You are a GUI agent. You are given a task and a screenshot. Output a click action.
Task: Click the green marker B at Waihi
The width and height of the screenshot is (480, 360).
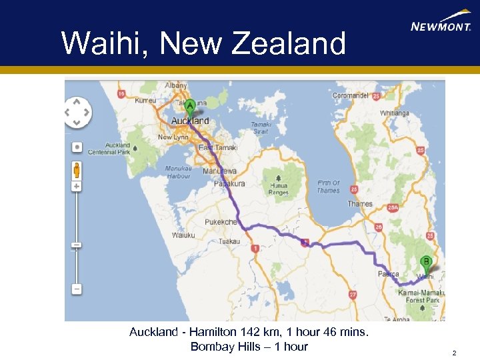coord(425,263)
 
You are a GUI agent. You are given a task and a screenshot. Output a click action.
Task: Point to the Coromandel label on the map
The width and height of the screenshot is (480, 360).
coord(350,95)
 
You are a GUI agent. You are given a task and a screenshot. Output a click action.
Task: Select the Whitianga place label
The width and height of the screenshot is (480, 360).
coord(395,113)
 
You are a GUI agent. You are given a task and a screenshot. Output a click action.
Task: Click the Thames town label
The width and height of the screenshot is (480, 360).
coord(359,204)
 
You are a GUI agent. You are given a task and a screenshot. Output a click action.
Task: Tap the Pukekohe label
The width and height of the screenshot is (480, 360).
coord(222,222)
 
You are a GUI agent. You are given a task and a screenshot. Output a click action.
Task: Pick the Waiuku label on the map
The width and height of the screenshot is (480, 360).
coord(183,235)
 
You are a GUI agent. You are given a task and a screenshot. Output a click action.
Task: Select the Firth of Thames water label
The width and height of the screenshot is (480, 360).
coord(328,187)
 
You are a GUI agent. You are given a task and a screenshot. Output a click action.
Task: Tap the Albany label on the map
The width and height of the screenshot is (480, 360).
coord(177,86)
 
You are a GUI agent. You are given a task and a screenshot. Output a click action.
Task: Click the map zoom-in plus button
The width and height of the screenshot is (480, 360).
coord(77,186)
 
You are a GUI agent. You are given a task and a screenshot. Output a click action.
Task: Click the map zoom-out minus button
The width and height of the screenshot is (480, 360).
coord(77,289)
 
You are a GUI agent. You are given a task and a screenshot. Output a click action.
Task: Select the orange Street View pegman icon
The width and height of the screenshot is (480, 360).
coord(77,169)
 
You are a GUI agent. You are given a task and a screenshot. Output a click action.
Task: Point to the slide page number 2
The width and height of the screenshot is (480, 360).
coord(454,353)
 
